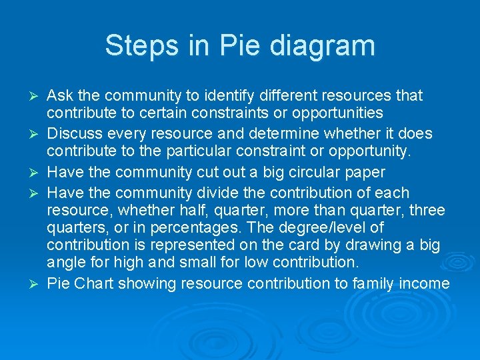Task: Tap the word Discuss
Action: (x=76, y=134)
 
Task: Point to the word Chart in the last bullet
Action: (x=95, y=283)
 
